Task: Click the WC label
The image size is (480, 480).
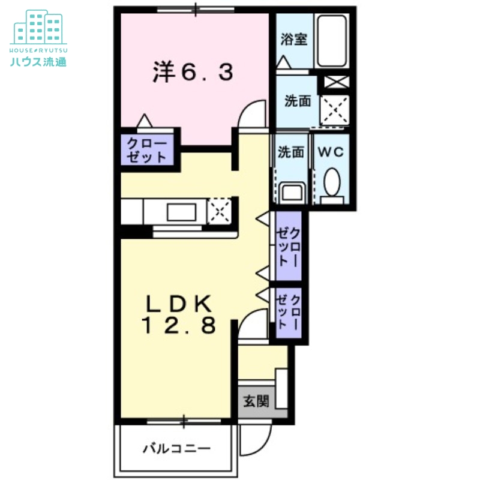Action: point(331,152)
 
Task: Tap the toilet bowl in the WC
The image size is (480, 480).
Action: point(331,181)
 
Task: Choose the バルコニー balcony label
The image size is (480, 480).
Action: point(176,448)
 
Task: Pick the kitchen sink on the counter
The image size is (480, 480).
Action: point(185,212)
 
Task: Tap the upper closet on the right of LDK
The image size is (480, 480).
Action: point(288,246)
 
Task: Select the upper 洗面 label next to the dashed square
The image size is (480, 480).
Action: point(298,101)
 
